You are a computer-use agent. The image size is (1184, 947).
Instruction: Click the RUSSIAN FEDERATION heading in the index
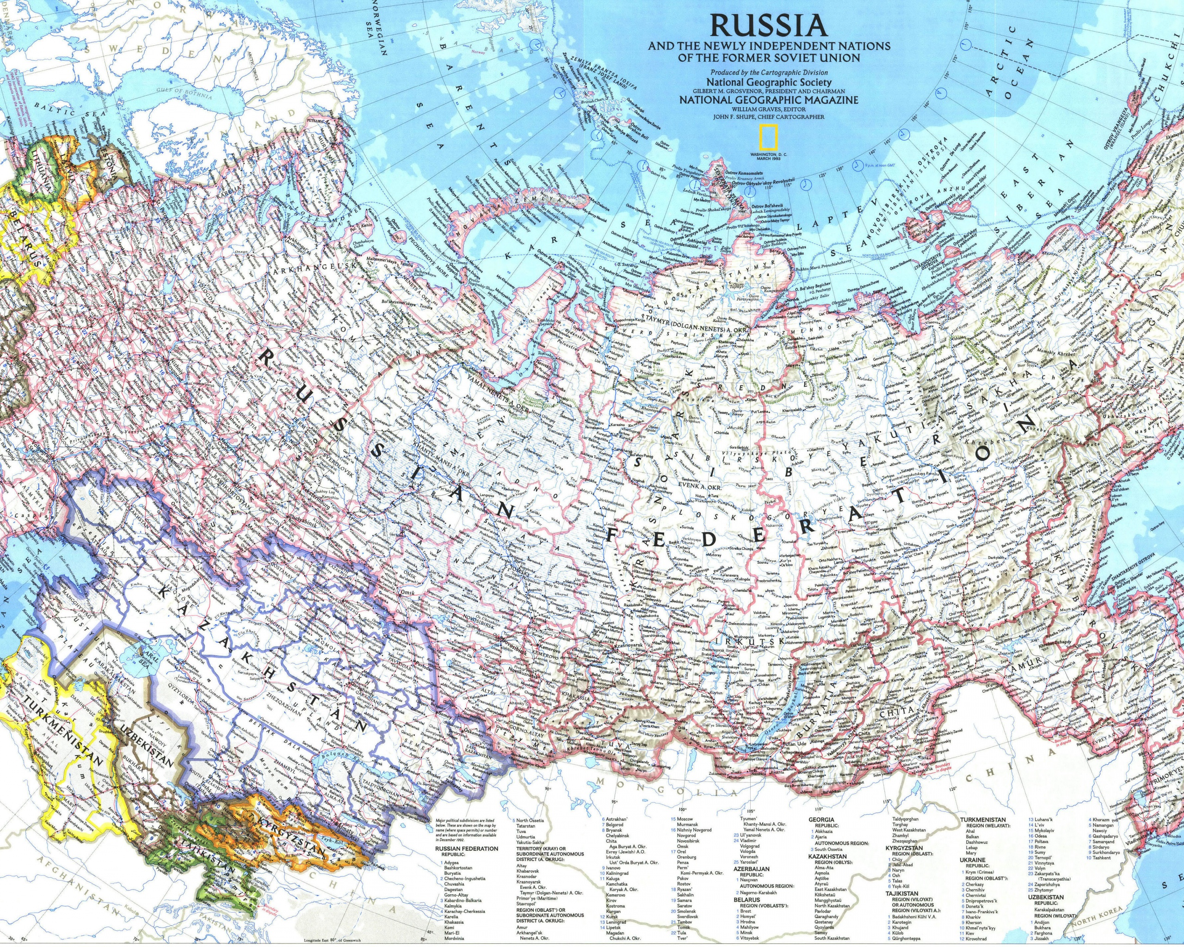click(x=467, y=848)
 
